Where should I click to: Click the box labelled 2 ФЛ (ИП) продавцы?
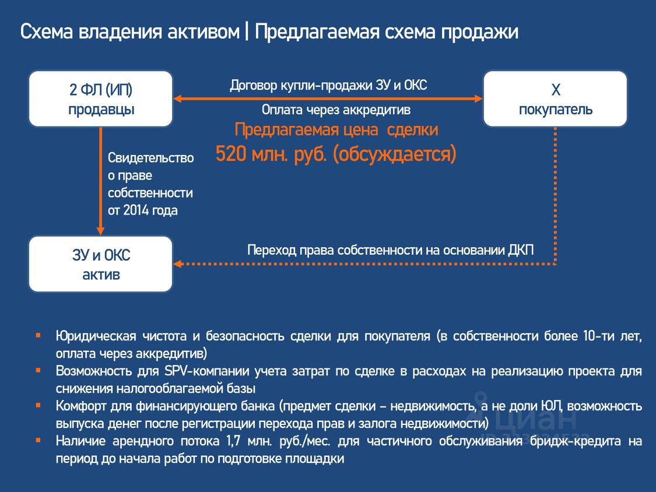(100, 99)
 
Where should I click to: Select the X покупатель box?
(555, 99)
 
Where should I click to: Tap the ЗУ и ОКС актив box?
(100, 264)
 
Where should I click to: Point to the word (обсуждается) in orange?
(394, 154)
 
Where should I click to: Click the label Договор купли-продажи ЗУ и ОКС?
(328, 85)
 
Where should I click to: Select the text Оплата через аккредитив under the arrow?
(336, 110)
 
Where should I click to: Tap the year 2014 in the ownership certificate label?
(136, 210)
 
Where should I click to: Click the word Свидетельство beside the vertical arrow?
(150, 158)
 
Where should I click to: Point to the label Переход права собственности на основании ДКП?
(390, 249)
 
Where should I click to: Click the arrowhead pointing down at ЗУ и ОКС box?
(100, 230)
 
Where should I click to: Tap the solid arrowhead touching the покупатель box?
(478, 99)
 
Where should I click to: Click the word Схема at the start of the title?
(47, 32)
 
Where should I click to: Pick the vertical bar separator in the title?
(247, 32)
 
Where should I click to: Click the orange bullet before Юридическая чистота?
(38, 336)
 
